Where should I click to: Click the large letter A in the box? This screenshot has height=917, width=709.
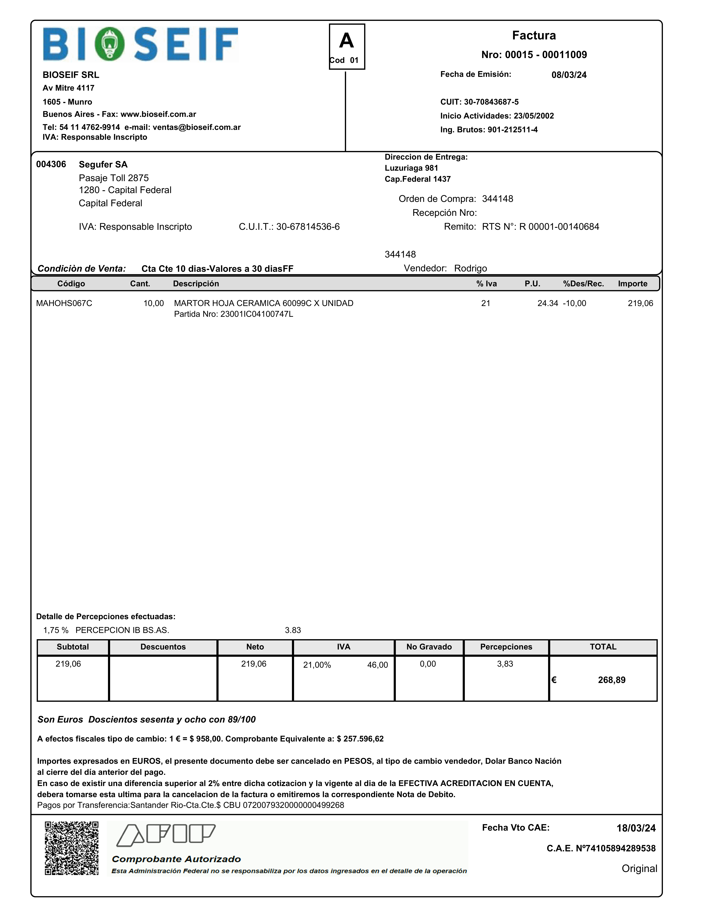tap(347, 41)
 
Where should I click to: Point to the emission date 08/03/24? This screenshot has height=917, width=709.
tap(569, 75)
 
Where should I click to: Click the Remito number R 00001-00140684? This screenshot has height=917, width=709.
tap(559, 227)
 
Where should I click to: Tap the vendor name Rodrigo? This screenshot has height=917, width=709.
tap(470, 268)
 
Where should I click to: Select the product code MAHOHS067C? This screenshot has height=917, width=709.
tap(64, 303)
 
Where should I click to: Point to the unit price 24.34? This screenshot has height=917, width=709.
tap(548, 303)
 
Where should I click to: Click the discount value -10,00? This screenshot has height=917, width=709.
tap(575, 303)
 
